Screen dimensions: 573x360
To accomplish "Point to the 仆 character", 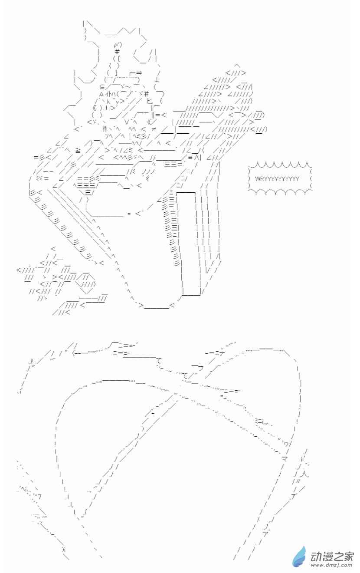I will tap(108, 94).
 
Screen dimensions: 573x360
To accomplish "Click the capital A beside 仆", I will tap(101, 94).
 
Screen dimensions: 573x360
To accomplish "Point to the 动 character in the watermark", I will tap(316, 556).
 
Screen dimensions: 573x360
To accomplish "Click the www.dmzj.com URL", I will tap(331, 565).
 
